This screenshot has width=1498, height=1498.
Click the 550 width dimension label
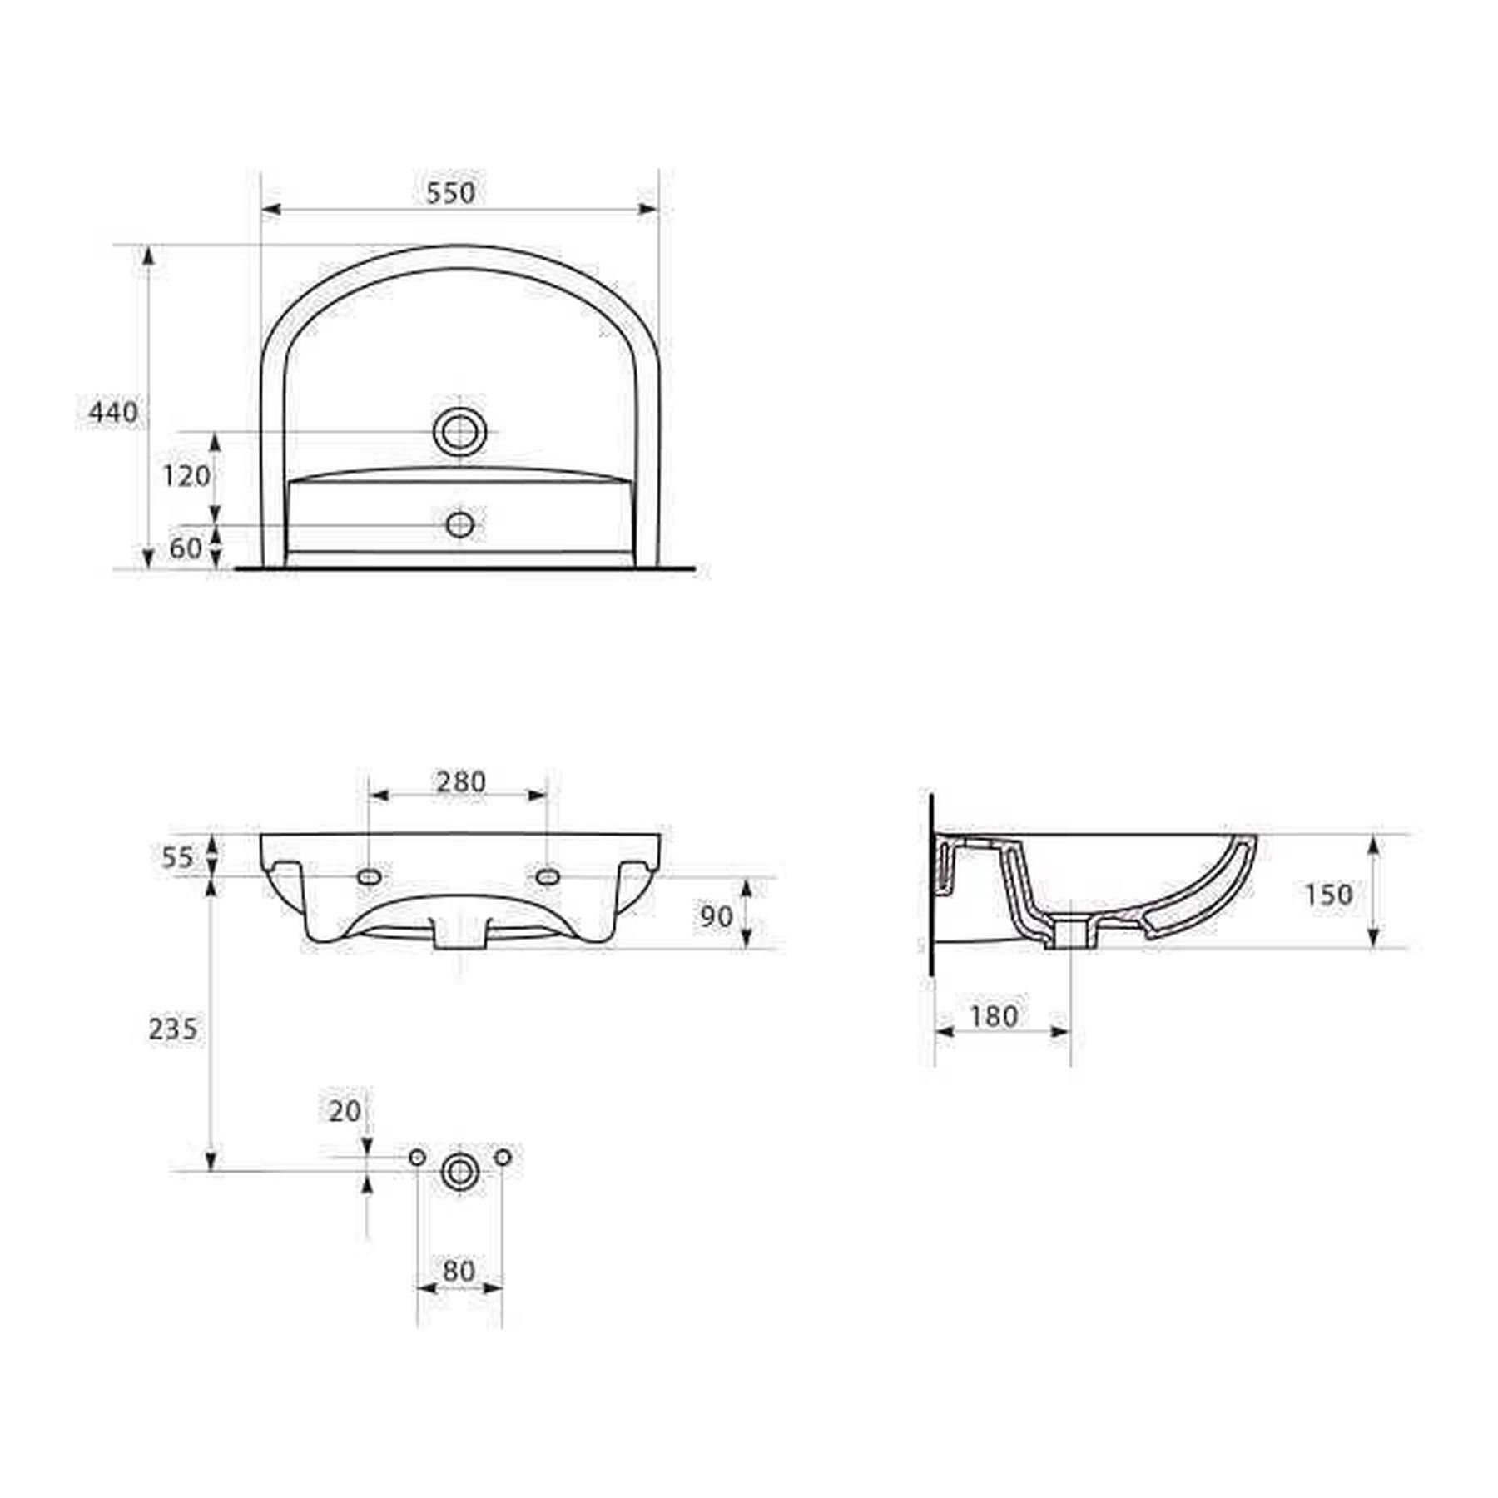pyautogui.click(x=450, y=192)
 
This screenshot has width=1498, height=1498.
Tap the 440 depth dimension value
pyautogui.click(x=113, y=412)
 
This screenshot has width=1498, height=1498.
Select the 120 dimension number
pyautogui.click(x=186, y=476)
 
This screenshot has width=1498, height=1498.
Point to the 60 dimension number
pyautogui.click(x=186, y=548)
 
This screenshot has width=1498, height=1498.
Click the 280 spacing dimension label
pyautogui.click(x=460, y=781)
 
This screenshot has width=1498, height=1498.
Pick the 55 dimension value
pyautogui.click(x=177, y=856)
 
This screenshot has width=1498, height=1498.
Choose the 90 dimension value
pyautogui.click(x=716, y=916)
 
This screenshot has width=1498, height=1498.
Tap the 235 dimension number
pyautogui.click(x=173, y=1029)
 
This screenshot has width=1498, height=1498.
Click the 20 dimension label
pyautogui.click(x=345, y=1110)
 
